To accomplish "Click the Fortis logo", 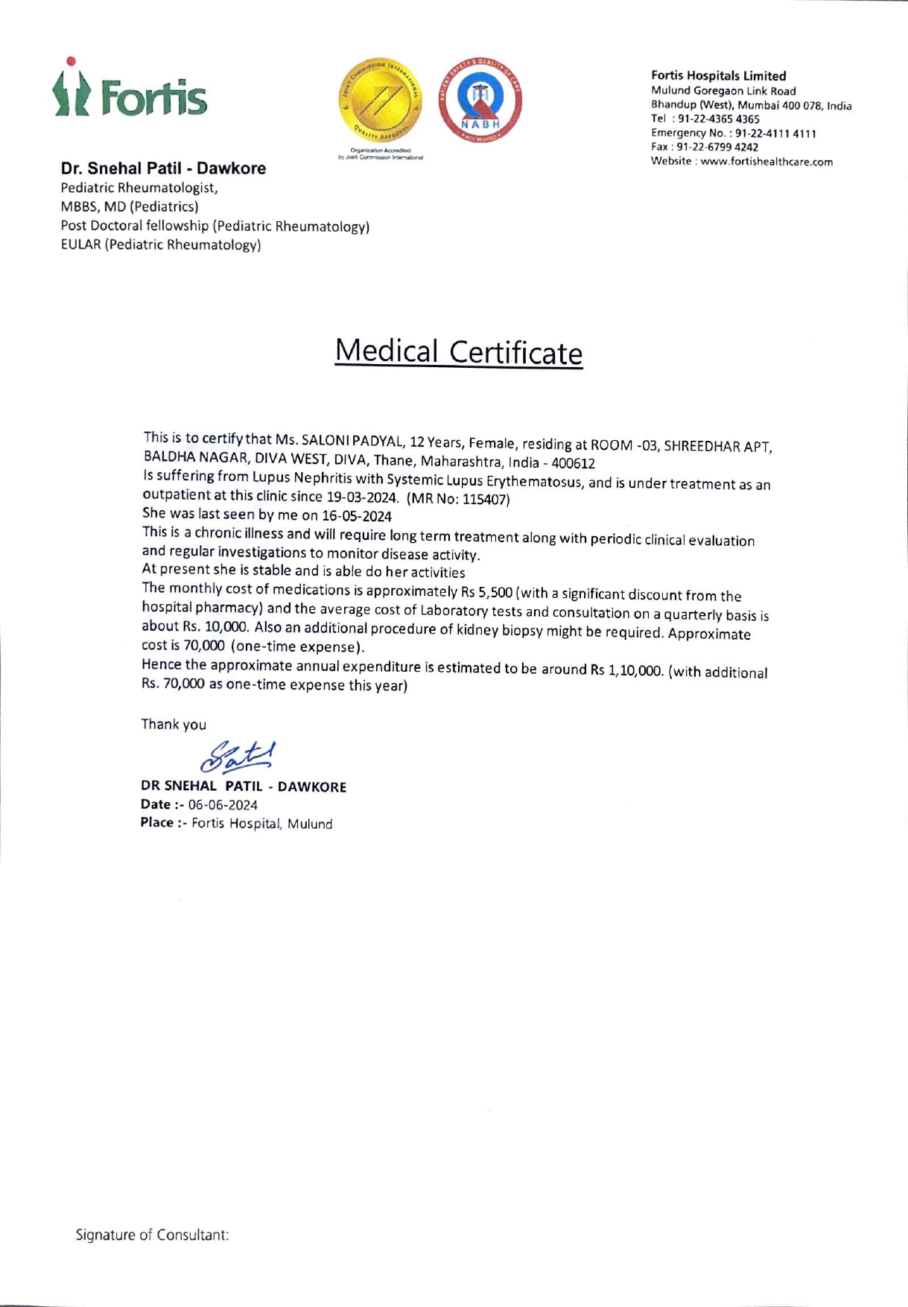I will pos(130,89).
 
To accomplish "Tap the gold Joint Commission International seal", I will pos(381,101).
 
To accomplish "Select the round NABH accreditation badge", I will pos(480,101).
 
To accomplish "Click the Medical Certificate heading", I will pos(458,352).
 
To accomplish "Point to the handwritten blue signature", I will pos(238,757).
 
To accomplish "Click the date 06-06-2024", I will pos(223,805).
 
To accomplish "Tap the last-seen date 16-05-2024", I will pos(356,516).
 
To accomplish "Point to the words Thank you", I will pos(174,725).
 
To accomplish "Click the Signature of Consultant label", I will pos(152,1235).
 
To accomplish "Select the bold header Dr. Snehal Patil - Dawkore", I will pos(163,168).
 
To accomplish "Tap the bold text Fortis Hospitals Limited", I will pos(718,76).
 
